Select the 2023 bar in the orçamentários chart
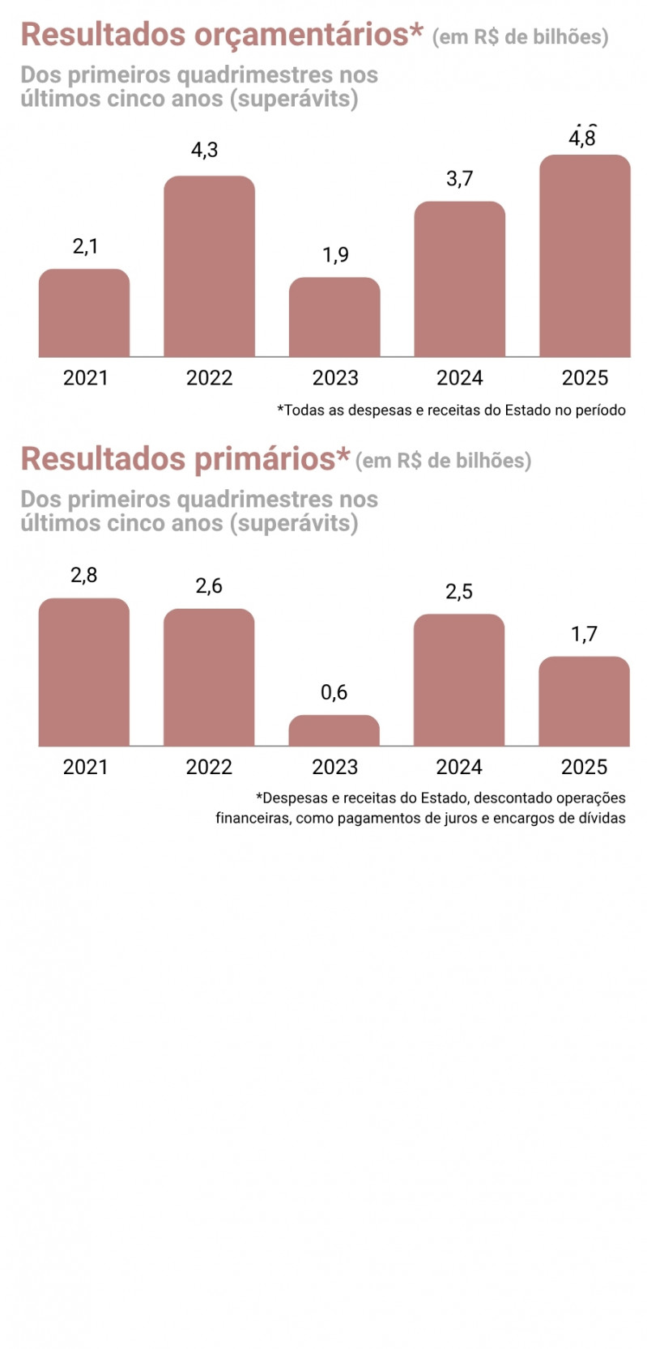(x=334, y=317)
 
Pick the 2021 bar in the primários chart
(x=84, y=671)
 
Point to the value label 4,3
(x=205, y=150)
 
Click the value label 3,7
(x=459, y=178)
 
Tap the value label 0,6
(x=334, y=692)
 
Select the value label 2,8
(x=83, y=575)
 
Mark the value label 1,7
(x=584, y=634)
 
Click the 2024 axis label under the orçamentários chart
(x=459, y=377)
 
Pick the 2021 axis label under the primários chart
(x=85, y=767)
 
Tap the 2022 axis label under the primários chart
(x=209, y=767)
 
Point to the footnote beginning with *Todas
(x=451, y=411)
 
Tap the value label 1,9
(x=335, y=255)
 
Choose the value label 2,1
(x=85, y=246)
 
